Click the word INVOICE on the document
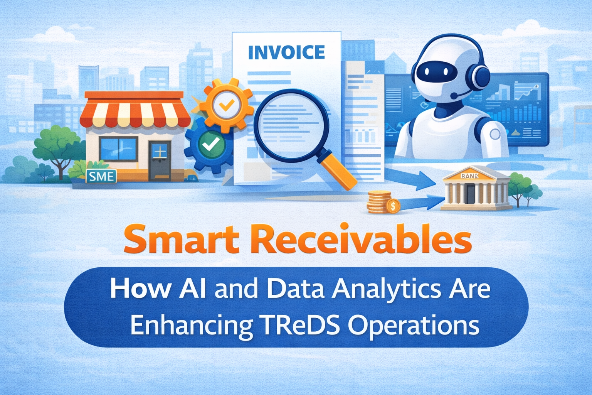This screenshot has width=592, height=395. [286, 53]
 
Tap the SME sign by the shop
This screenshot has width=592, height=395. [101, 176]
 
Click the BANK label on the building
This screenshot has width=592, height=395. [469, 176]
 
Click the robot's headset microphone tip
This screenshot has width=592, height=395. [454, 95]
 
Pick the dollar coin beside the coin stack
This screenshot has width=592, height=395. [393, 206]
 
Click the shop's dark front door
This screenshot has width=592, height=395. [160, 160]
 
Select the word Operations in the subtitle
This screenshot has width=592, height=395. [414, 326]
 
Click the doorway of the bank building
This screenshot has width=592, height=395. [470, 194]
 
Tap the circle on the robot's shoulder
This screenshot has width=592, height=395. [494, 134]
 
